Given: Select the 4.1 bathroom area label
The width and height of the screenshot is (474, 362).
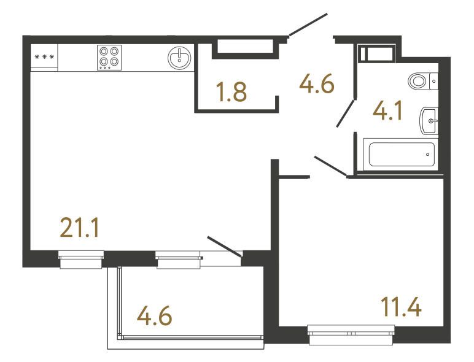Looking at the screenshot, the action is pyautogui.click(x=387, y=111).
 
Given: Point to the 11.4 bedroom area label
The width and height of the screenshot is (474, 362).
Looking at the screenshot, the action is pyautogui.click(x=401, y=306).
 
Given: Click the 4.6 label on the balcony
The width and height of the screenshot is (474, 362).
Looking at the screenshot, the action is pyautogui.click(x=155, y=316).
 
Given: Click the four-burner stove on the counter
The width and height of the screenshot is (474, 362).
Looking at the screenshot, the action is pyautogui.click(x=109, y=58).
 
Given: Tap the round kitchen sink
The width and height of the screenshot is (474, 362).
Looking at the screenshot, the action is pyautogui.click(x=179, y=58).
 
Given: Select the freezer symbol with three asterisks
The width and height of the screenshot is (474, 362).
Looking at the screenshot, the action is pyautogui.click(x=44, y=57).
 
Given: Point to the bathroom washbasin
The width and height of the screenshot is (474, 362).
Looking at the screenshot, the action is pyautogui.click(x=429, y=121).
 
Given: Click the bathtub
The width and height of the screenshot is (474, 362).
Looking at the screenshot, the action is pyautogui.click(x=401, y=154).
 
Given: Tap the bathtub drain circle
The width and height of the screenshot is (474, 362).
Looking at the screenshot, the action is pyautogui.click(x=427, y=155).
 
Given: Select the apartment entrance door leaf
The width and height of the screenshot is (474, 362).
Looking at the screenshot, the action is pyautogui.click(x=308, y=25).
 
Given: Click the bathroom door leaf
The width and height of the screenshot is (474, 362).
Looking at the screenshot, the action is pyautogui.click(x=345, y=114).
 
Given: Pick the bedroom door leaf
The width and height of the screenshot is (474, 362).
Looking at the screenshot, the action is pyautogui.click(x=330, y=166).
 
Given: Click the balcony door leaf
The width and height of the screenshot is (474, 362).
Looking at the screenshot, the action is pyautogui.click(x=224, y=247).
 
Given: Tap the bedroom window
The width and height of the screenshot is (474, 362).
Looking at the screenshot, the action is pyautogui.click(x=351, y=335).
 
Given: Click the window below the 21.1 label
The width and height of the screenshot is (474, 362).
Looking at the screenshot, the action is pyautogui.click(x=81, y=260).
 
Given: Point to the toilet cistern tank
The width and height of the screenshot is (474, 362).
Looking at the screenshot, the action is pyautogui.click(x=434, y=81).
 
